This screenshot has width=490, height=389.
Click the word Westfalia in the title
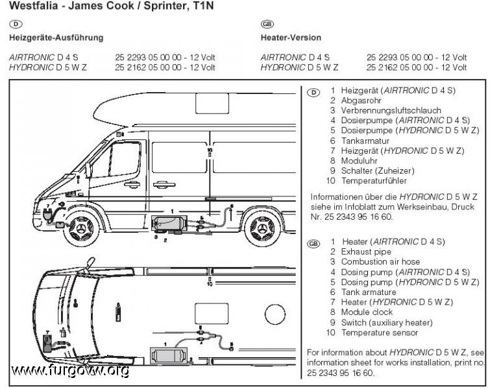[34, 6]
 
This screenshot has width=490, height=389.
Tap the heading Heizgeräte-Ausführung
[56, 38]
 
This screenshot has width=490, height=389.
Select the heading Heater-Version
[291, 38]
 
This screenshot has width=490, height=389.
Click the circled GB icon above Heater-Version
[267, 24]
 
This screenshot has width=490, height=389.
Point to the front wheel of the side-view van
[81, 229]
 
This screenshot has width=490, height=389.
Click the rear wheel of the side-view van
[262, 229]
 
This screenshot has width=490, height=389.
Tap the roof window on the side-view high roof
[212, 103]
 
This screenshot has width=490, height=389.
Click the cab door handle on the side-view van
[132, 184]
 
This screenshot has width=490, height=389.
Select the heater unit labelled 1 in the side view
[168, 224]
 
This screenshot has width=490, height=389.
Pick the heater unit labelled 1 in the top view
[169, 356]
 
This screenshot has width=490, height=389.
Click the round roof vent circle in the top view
[275, 314]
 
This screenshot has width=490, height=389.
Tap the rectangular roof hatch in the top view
[212, 313]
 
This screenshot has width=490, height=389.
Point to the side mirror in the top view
[90, 262]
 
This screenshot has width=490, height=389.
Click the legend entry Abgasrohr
[361, 100]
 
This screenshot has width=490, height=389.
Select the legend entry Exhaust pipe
[366, 252]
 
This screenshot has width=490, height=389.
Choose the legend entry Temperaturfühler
[374, 181]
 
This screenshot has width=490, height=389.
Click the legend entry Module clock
[367, 312]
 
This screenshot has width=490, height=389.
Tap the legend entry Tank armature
[369, 292]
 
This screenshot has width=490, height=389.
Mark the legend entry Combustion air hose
[380, 262]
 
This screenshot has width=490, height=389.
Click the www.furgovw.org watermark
[70, 371]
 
